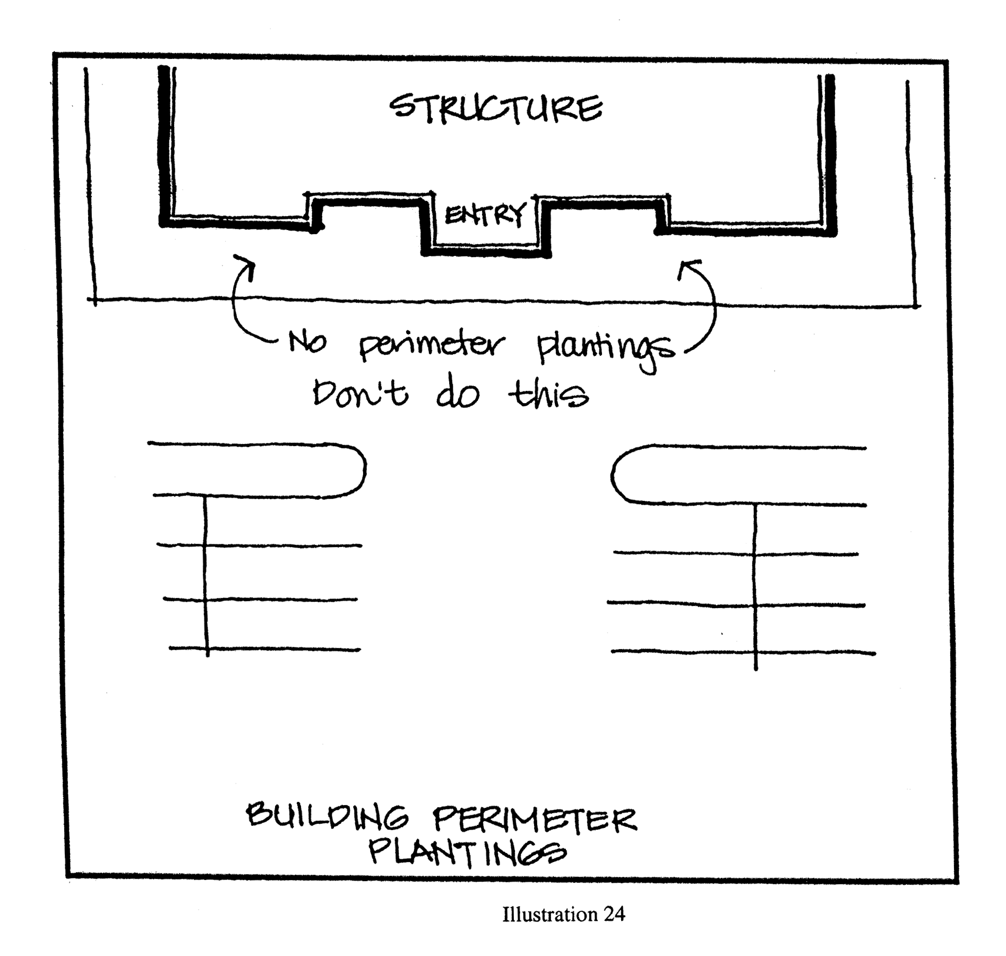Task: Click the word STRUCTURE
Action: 496,109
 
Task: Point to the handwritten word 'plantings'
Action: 605,351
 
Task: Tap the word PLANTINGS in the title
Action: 467,852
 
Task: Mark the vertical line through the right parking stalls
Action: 755,584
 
